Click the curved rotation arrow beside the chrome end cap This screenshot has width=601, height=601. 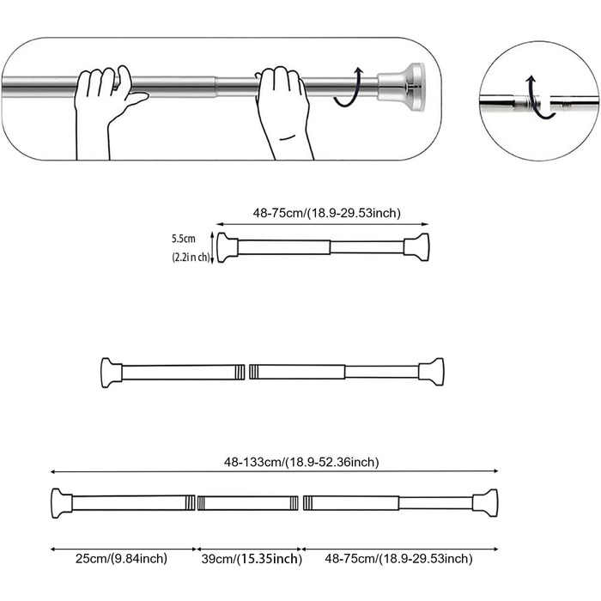tap(349, 88)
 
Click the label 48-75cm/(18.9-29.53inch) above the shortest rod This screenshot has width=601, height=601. tap(326, 213)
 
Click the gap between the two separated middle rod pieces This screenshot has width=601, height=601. tap(247, 372)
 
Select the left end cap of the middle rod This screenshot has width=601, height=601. tap(109, 372)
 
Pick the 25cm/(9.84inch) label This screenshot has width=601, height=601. tap(121, 559)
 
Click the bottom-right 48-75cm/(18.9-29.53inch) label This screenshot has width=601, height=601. tap(398, 559)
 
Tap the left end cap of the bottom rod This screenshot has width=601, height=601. tap(59, 502)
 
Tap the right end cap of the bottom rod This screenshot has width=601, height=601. tap(488, 502)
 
